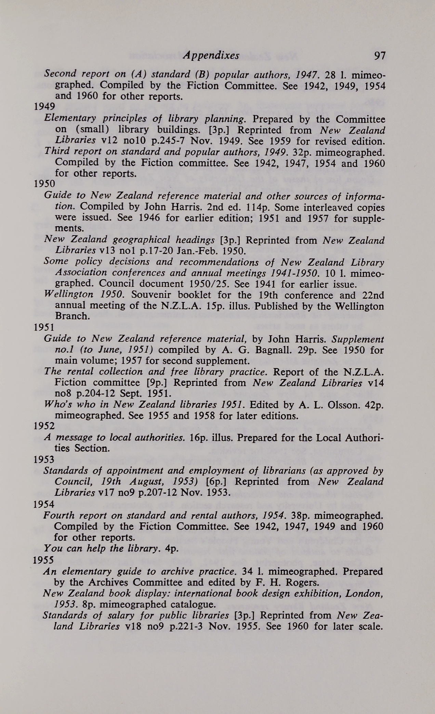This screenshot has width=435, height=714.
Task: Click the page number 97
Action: click(x=380, y=56)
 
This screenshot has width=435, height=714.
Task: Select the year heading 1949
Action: click(x=44, y=107)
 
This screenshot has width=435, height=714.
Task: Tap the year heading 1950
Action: click(x=44, y=184)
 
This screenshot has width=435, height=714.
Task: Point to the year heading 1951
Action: click(x=44, y=328)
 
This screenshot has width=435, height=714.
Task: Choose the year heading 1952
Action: click(x=44, y=426)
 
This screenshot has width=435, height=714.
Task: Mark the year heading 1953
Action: click(x=44, y=459)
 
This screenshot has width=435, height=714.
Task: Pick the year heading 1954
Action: click(x=44, y=504)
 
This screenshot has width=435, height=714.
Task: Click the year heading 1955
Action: click(x=43, y=560)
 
